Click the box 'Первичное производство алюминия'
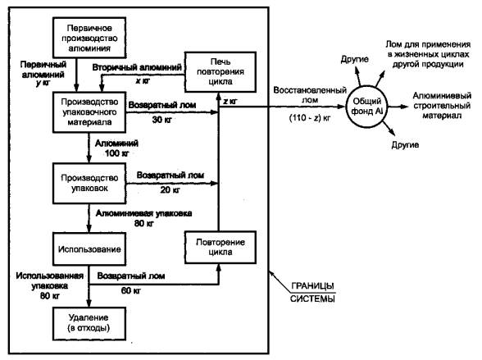tap(89, 38)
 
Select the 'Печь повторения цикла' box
tap(221, 72)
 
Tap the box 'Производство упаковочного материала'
tap(89, 112)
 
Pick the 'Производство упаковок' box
tap(89, 183)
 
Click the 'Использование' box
tap(89, 249)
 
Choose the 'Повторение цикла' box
tap(221, 247)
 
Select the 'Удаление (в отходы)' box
tap(89, 324)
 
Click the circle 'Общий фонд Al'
tap(366, 107)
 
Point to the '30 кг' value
tap(162, 120)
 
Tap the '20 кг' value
tap(170, 189)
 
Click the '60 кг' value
tap(131, 290)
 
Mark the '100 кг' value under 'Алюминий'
tap(116, 153)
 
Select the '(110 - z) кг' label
tap(310, 118)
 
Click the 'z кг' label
tap(230, 101)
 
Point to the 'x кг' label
tap(143, 81)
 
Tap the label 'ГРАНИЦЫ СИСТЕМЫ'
tap(312, 292)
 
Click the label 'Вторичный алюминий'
tap(137, 67)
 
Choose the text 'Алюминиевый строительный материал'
tap(442, 106)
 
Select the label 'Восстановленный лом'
tap(310, 95)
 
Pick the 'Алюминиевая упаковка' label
tap(144, 213)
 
